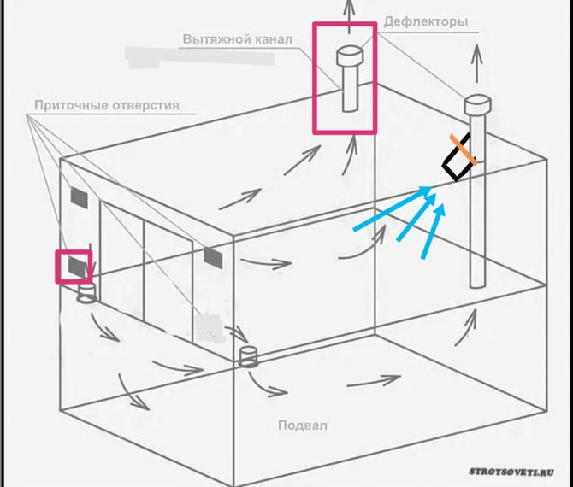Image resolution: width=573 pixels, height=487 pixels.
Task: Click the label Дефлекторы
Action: pos(426,22)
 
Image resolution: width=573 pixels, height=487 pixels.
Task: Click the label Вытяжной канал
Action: pos(238,39)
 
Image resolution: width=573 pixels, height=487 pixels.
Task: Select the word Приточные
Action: pos(71,105)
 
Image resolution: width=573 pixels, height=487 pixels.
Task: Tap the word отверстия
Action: pos(145,105)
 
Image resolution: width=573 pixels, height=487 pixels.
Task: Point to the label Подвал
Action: pos(303,425)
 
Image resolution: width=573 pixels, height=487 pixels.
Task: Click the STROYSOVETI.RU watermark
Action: pos(511,472)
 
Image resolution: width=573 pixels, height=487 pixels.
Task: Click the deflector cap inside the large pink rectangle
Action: pos(350,56)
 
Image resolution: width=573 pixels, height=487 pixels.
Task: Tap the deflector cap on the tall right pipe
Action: pos(477,104)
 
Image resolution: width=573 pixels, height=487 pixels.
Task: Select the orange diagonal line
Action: pos(463,150)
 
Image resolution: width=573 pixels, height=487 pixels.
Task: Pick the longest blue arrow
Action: pos(392,208)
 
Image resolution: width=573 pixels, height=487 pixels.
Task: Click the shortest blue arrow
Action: pos(433,232)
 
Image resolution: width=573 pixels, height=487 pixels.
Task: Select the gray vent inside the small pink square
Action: pos(78,267)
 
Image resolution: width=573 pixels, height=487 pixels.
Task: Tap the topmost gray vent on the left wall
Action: pos(79,198)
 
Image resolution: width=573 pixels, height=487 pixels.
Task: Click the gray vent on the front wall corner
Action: pos(213,258)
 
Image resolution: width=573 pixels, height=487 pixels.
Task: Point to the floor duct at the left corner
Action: pos(87,293)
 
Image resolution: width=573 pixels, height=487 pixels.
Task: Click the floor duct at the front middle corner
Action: pos(248,356)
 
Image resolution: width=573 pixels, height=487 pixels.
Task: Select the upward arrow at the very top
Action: pos(350,16)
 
